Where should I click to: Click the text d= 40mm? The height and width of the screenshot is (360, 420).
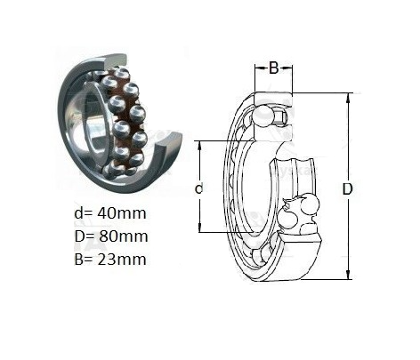pos(110,213)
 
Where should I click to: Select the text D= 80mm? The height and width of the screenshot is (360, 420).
pos(111,236)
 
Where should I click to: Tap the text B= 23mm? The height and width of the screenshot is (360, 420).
pos(110,260)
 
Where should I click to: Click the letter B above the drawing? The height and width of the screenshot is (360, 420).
pos(274,68)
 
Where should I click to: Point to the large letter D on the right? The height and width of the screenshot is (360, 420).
pos(347,189)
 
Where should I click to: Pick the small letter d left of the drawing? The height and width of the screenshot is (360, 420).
pos(199,188)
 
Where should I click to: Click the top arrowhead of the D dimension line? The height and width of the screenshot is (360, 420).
pos(349,98)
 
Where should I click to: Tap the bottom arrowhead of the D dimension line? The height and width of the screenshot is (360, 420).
pos(349,274)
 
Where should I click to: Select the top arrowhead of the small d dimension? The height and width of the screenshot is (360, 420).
pos(200,146)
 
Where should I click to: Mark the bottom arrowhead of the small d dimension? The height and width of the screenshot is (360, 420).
pos(200,227)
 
